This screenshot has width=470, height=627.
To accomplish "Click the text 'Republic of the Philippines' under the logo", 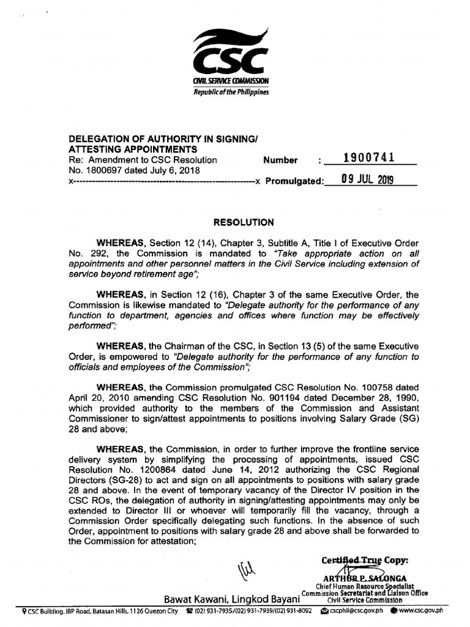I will pos(231,92).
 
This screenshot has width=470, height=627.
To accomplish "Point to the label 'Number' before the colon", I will pos(280,160).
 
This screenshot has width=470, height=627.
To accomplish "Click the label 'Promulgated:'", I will pos(293,182).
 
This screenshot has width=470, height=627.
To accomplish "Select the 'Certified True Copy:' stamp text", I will pos(365,560).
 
